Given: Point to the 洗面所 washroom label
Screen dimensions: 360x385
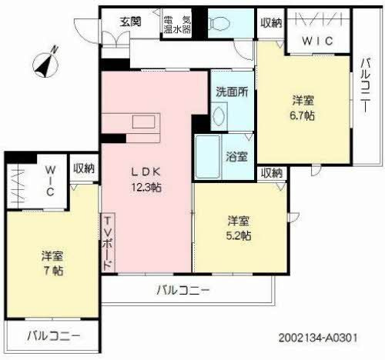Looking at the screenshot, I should click(x=231, y=91).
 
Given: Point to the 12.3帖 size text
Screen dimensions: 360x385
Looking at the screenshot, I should click(x=145, y=187).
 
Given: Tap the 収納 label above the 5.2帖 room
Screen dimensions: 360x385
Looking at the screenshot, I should click(x=271, y=172).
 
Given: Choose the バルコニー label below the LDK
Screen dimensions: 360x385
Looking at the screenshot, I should click(x=183, y=290).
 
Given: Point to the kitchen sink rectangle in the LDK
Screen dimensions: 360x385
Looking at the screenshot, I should click(x=143, y=122).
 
